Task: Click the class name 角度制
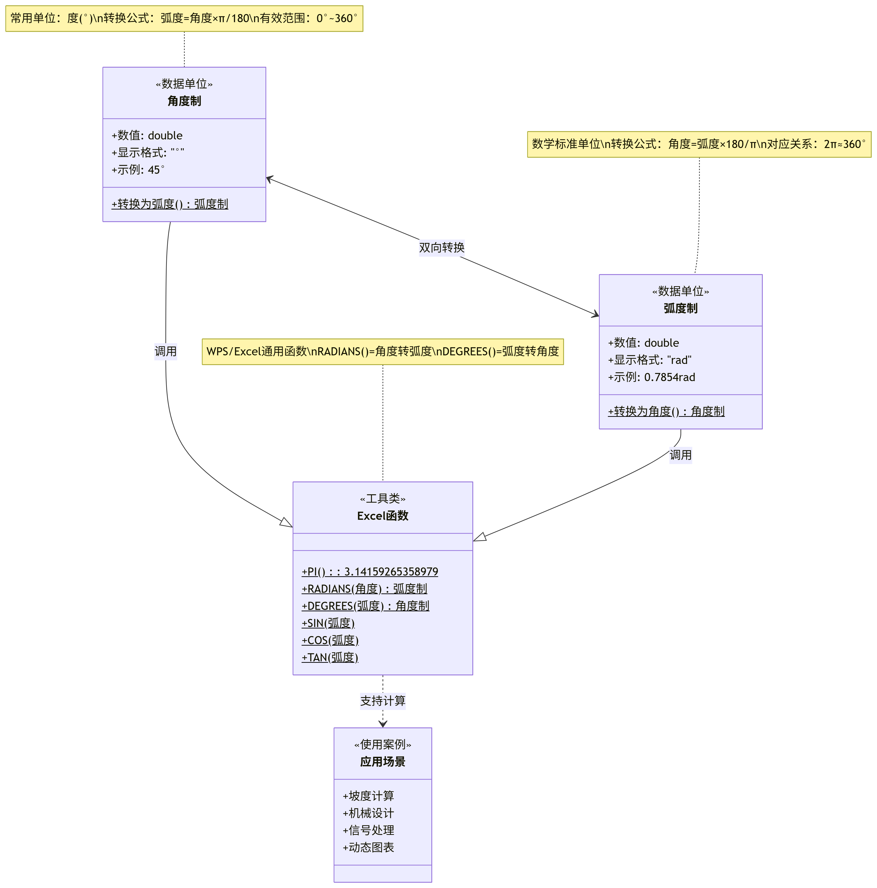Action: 184,101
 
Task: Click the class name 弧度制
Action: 680,308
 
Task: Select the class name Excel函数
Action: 382,516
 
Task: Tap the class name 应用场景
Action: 382,762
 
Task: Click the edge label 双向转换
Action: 441,248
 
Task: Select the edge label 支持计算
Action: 382,701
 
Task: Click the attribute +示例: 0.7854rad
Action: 651,377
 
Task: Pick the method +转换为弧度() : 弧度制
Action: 170,204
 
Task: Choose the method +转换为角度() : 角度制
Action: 666,411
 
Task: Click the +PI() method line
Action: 370,572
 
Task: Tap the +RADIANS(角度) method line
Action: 364,589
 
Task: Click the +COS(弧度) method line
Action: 330,640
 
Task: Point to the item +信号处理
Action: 368,830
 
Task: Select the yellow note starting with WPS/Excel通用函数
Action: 382,352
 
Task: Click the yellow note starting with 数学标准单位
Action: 699,144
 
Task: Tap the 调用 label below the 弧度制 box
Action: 680,455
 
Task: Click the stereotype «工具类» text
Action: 382,499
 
